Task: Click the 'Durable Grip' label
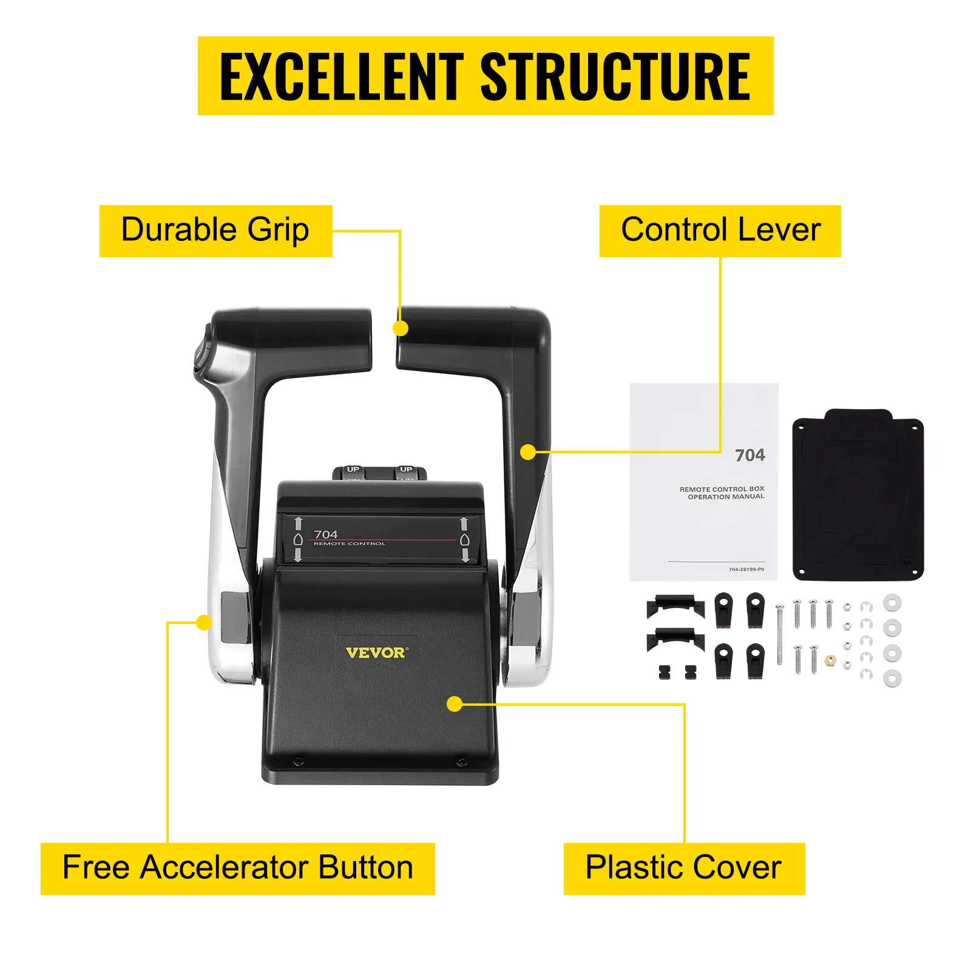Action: (x=215, y=231)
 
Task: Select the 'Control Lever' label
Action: (x=720, y=231)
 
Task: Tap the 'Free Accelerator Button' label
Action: (x=237, y=868)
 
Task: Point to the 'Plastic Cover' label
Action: (x=684, y=868)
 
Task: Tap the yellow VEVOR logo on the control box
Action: (x=377, y=652)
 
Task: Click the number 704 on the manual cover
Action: (x=750, y=455)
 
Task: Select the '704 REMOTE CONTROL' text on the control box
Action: (x=349, y=537)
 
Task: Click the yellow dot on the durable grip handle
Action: (x=401, y=328)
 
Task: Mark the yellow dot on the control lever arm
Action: (x=528, y=452)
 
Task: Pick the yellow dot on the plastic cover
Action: (x=455, y=704)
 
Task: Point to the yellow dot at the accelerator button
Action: (x=205, y=623)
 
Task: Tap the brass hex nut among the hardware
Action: (x=830, y=660)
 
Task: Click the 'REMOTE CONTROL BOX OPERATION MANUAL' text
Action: (x=722, y=493)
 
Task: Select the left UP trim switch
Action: (x=353, y=472)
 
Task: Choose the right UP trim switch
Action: (x=406, y=472)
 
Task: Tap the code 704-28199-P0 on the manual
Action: (x=746, y=569)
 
